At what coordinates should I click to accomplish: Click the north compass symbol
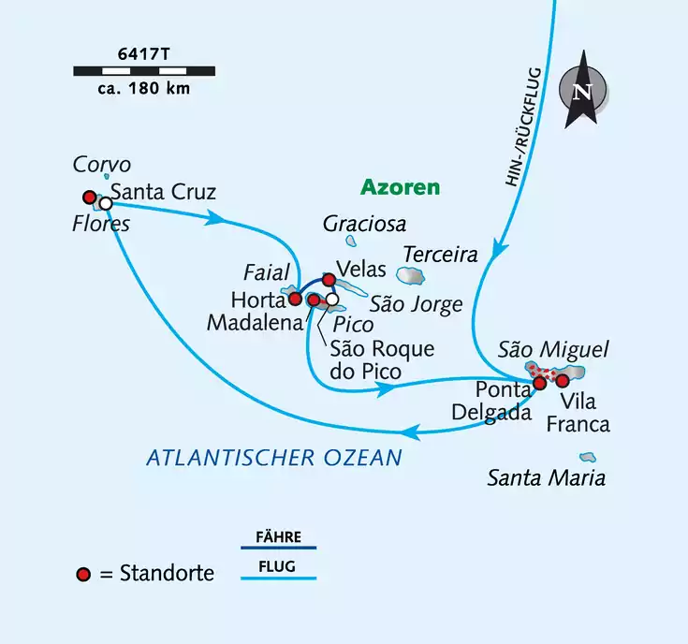tap(581, 91)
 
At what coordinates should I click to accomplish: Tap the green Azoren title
tap(400, 187)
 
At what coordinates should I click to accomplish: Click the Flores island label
tap(102, 224)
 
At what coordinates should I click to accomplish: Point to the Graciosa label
tap(364, 224)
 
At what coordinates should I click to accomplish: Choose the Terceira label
tap(440, 254)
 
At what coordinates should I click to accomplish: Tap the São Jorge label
tap(416, 303)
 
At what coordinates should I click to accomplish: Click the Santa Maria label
tap(546, 478)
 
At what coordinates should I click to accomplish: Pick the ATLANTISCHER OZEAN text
tap(273, 457)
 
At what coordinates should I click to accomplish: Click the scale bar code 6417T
tap(143, 53)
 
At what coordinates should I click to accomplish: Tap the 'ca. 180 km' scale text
tap(143, 89)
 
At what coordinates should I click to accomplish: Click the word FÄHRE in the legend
tap(277, 536)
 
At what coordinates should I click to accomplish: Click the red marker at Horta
tap(295, 299)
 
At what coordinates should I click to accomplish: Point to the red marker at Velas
tap(329, 279)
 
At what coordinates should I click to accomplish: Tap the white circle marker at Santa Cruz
tap(106, 203)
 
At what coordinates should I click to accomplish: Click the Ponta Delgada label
tap(503, 400)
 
